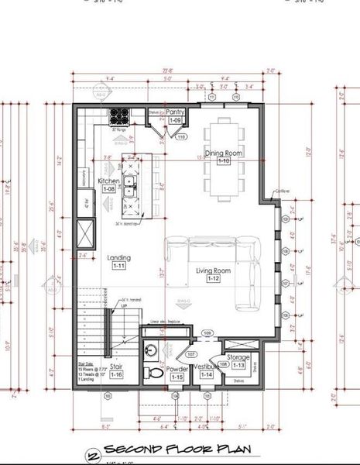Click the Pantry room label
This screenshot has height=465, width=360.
[x=176, y=112]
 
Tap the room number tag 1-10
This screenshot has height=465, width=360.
[x=223, y=161]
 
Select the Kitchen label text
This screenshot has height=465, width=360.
[x=108, y=181]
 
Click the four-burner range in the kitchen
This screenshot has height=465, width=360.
[x=119, y=116]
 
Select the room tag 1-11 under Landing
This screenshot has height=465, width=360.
[x=119, y=266]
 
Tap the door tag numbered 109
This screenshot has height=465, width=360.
[x=207, y=333]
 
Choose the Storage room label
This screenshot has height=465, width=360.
[x=238, y=357]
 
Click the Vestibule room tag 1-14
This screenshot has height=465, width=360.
[x=207, y=375]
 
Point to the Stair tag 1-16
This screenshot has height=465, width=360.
[x=116, y=375]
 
